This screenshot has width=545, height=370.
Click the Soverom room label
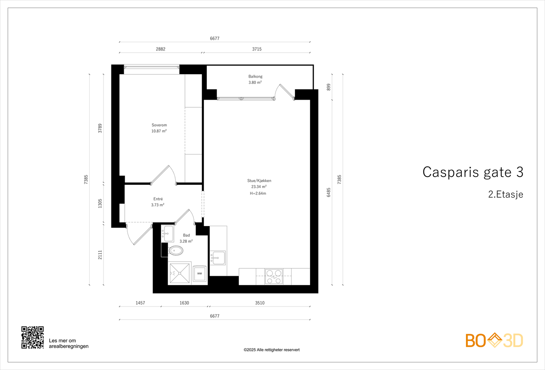click(x=159, y=125)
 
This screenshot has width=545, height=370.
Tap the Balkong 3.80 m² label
click(x=255, y=79)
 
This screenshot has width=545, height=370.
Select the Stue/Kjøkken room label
click(x=259, y=181)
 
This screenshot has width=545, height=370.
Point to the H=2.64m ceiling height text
click(x=258, y=193)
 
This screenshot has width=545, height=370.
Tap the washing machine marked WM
click(x=200, y=273)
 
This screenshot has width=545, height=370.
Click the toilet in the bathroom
click(x=176, y=251)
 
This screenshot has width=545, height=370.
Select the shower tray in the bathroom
click(x=180, y=273)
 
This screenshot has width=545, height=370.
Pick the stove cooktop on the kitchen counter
click(x=274, y=277)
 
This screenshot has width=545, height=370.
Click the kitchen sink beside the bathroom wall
click(x=218, y=258)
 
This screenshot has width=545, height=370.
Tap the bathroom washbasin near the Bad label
click(x=168, y=234)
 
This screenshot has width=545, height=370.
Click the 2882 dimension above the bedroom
click(x=160, y=49)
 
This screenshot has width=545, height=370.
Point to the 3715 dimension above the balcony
click(x=257, y=49)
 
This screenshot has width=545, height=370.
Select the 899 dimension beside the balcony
click(x=329, y=87)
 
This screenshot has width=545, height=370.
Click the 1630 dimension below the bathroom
click(x=184, y=303)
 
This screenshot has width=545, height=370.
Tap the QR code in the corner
click(x=33, y=337)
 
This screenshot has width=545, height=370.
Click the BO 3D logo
click(x=494, y=340)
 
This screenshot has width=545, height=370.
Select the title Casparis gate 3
click(x=473, y=172)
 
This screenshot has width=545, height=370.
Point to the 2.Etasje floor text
click(x=505, y=194)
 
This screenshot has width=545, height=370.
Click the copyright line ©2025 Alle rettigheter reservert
click(x=271, y=350)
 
